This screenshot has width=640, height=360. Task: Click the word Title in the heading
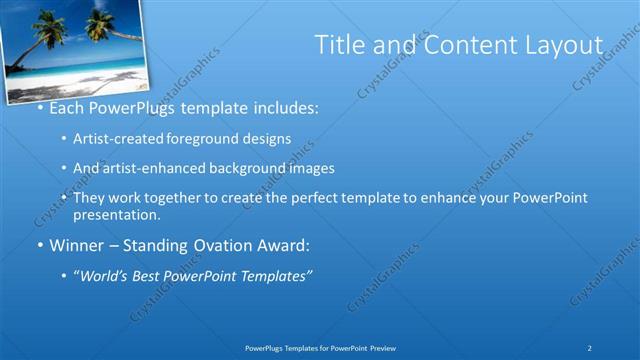click(x=338, y=45)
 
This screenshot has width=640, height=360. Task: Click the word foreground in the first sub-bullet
click(x=197, y=138)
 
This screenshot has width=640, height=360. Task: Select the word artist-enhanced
click(x=155, y=168)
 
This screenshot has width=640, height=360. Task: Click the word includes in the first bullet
click(x=282, y=106)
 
